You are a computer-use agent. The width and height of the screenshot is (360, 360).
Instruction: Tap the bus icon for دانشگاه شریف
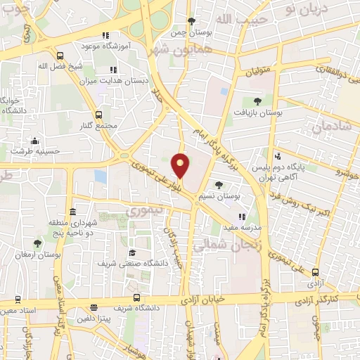(x=136, y=297)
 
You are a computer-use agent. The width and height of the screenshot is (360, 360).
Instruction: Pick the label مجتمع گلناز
(x=98, y=125)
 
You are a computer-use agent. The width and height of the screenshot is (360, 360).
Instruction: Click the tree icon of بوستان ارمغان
(x=37, y=243)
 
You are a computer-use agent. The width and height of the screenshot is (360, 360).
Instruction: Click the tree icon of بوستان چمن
(x=192, y=21)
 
